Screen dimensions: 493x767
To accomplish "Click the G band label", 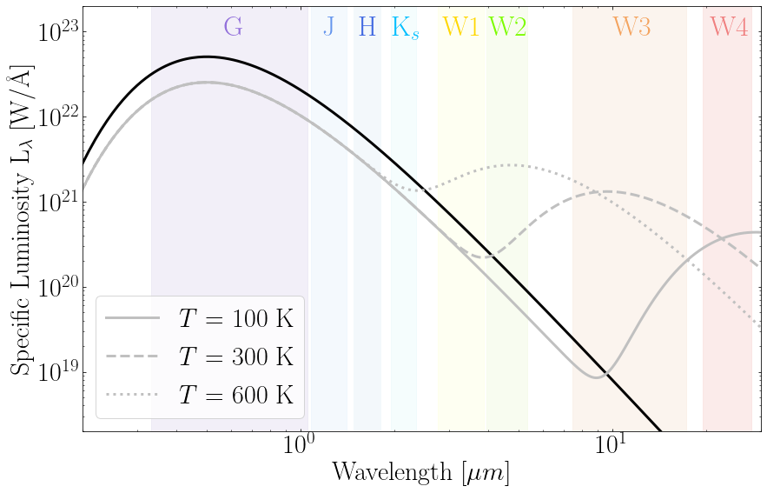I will [233, 27].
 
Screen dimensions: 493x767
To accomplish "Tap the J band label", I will [328, 27].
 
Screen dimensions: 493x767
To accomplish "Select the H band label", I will [367, 27].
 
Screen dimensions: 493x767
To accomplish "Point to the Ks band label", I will [405, 28].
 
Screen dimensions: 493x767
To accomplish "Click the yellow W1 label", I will [460, 27].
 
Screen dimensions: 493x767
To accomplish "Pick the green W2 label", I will [507, 27].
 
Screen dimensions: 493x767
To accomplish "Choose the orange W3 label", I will [631, 27].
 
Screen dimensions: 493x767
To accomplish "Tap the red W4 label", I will [728, 27].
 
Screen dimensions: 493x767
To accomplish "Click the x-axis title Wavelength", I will [421, 473].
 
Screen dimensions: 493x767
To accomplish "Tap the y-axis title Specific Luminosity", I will [23, 222].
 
